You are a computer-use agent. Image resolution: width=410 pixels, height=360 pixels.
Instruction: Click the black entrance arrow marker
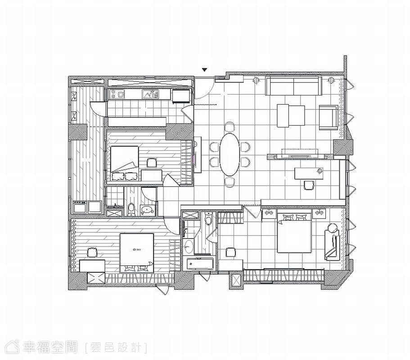pos(204,70)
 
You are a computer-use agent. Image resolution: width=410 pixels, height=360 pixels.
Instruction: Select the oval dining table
pos(230,154)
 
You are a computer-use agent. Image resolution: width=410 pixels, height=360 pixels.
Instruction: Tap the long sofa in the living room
pos(293,85)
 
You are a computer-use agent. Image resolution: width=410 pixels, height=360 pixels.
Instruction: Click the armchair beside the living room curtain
pos(329,117)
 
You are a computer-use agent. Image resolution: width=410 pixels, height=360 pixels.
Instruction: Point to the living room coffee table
pos(291,116)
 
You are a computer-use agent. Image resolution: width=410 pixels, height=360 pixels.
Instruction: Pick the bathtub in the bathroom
pos(200,264)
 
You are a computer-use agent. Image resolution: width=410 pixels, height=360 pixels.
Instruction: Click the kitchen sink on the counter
pos(150,94)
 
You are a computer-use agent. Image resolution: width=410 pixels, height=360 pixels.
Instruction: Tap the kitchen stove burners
pos(117,94)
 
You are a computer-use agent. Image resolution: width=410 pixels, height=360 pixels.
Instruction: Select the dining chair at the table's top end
pos(230,127)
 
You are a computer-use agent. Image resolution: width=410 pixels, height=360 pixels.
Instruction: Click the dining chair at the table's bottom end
pos(230,182)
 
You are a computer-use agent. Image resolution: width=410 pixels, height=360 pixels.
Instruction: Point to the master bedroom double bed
pos(294,233)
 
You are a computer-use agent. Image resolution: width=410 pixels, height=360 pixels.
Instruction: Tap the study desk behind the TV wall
pos(309,174)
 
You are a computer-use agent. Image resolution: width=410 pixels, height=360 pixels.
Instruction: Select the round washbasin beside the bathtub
pos(189,247)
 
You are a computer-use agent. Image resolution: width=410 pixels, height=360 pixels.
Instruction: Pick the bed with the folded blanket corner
pos(125,163)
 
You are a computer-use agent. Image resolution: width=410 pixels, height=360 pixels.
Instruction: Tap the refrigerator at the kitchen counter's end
pos(181,96)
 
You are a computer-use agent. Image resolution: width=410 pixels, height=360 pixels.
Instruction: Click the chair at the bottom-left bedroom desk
pos(92,252)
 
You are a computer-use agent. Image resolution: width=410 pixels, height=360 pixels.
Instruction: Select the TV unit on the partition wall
pos(300,157)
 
